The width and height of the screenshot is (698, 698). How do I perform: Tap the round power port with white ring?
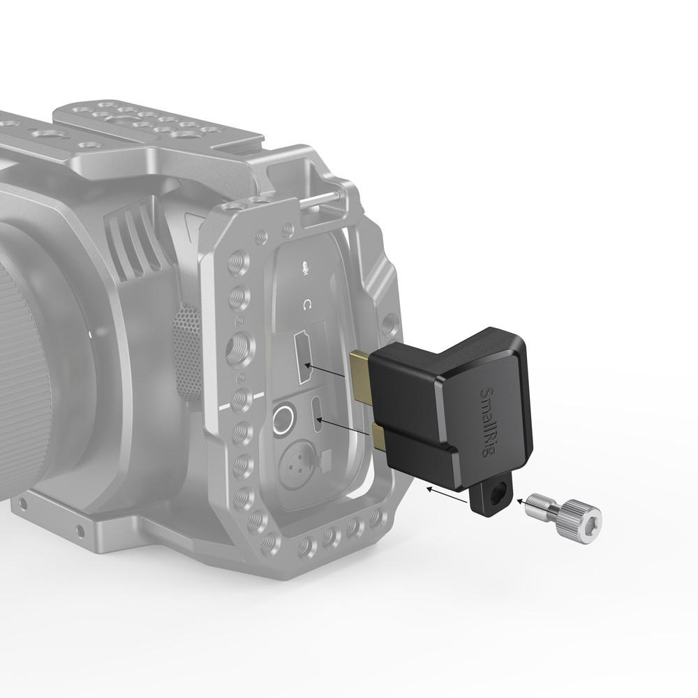(283, 421)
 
